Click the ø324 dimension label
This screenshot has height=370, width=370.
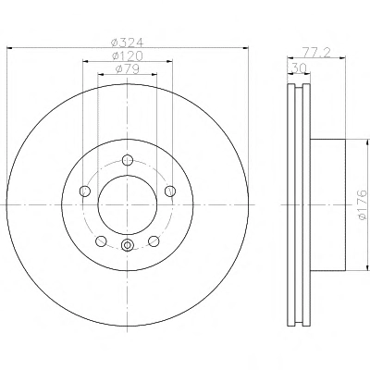point(127,43)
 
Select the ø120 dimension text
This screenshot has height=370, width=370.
point(128,55)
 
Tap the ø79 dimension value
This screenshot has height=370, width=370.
point(128,69)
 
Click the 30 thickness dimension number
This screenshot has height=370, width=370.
point(299,68)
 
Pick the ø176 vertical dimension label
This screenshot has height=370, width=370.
point(363,204)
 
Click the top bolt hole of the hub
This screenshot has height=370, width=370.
point(128,160)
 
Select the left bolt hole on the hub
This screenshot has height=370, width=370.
point(85,191)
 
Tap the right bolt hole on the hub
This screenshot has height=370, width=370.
point(170,191)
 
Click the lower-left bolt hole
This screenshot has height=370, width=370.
point(101,241)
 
